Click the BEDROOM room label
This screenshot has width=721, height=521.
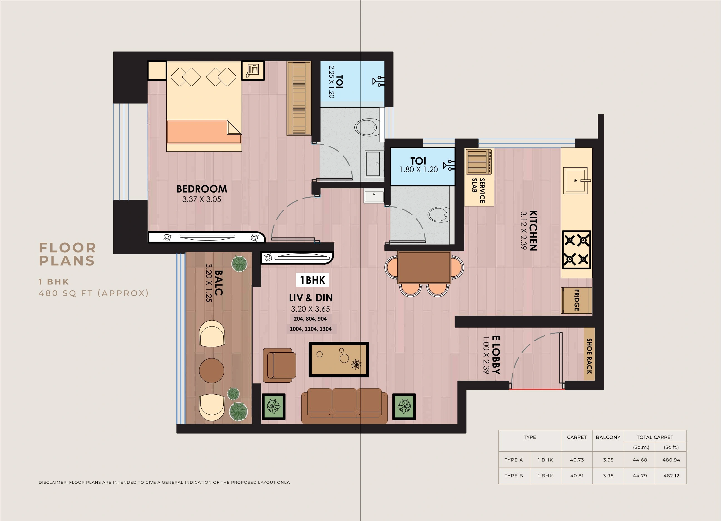[202, 189]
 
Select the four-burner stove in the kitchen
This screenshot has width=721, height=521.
[576, 250]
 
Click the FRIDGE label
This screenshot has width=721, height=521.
[577, 300]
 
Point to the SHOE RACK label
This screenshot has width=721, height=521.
[589, 356]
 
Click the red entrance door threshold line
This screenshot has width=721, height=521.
[537, 389]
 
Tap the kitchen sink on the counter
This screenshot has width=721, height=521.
[576, 181]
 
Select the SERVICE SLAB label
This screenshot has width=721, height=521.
[478, 190]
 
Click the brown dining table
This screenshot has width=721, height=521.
[424, 267]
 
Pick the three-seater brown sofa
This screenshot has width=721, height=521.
[344, 405]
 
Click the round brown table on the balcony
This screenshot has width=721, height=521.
[211, 370]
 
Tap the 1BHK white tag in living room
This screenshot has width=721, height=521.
[312, 280]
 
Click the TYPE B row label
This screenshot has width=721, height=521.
[513, 476]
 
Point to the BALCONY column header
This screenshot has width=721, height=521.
[608, 437]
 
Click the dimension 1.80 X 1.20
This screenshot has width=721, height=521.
[418, 170]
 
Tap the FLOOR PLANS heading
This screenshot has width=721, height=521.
[67, 254]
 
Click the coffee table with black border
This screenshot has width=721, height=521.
[339, 359]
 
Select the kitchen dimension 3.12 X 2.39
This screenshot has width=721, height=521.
[524, 230]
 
